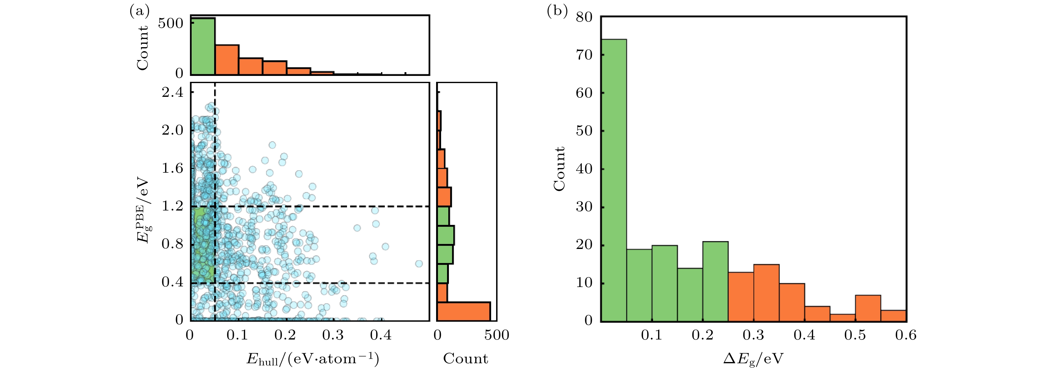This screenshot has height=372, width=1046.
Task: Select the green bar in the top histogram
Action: click(x=203, y=46)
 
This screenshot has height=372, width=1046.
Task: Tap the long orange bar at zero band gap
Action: click(x=463, y=311)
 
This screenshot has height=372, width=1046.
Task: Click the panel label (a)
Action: click(x=139, y=11)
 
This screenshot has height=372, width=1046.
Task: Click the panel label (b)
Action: click(x=557, y=11)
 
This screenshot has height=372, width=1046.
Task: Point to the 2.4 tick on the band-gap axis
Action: click(x=173, y=92)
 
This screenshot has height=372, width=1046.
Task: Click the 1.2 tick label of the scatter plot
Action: click(x=173, y=206)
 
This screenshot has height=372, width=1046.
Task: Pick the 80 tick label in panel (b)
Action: click(x=584, y=17)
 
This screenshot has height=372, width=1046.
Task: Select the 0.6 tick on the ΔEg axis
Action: click(x=906, y=335)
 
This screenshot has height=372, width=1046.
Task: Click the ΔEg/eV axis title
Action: click(x=753, y=359)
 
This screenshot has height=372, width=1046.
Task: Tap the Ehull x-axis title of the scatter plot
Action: click(x=313, y=359)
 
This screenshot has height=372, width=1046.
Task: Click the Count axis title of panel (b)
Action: click(x=560, y=169)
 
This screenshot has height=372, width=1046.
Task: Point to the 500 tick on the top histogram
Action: click(x=171, y=23)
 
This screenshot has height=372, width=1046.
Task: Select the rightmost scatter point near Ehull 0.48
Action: click(x=419, y=264)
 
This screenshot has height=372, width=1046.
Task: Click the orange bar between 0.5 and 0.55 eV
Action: click(x=868, y=308)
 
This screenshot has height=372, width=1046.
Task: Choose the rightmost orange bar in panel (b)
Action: click(x=893, y=315)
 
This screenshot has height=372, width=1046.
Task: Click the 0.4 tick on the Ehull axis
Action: click(x=381, y=335)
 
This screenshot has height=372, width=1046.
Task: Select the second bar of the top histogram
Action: click(x=227, y=60)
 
